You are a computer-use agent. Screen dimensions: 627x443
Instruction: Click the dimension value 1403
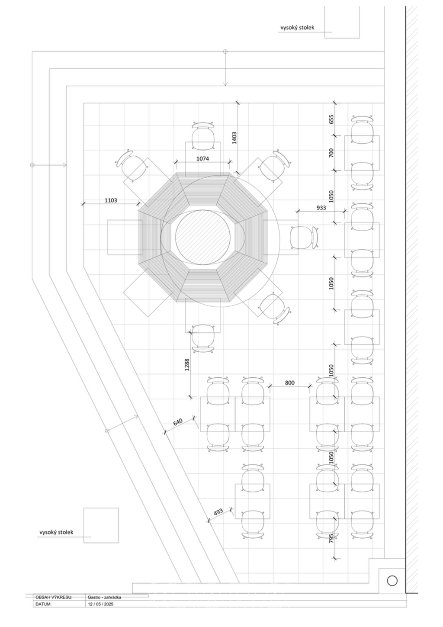[x=234, y=138]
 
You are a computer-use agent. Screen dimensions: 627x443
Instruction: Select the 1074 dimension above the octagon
[x=202, y=158]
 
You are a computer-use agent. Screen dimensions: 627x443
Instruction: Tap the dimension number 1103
[x=111, y=200]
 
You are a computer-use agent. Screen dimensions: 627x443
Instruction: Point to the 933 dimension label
[x=321, y=208]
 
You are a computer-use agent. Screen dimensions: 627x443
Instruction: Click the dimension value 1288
[x=187, y=364]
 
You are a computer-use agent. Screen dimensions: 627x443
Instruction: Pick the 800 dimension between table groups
[x=289, y=383]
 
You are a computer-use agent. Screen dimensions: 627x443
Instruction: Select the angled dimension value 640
[x=178, y=421]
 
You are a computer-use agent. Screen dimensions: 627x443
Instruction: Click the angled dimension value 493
[x=218, y=511]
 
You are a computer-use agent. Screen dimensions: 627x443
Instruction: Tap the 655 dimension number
[x=331, y=119]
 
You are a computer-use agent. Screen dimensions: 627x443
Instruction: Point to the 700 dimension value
[x=331, y=152]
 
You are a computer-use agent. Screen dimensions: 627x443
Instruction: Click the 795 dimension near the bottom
[x=331, y=538]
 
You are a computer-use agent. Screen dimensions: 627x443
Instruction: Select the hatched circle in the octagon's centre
[x=202, y=237]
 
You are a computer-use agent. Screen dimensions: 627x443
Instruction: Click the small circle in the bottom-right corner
[x=392, y=581]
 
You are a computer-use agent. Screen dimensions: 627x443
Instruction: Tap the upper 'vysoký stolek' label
[x=297, y=28]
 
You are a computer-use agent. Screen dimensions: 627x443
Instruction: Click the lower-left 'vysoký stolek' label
[x=56, y=532]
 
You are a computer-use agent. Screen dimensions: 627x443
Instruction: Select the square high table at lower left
[x=101, y=525]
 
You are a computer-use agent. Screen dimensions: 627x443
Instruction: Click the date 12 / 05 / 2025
[x=100, y=604]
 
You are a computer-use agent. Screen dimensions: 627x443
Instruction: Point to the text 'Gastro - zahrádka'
[x=104, y=598]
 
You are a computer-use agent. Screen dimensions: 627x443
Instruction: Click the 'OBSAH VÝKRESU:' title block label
[x=54, y=598]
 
